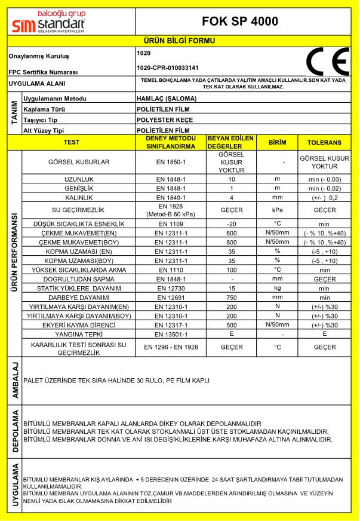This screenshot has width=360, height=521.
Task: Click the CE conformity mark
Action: (x=327, y=62)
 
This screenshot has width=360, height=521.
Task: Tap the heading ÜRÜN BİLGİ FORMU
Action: (x=179, y=41)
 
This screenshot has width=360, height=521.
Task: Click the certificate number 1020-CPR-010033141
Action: (x=167, y=68)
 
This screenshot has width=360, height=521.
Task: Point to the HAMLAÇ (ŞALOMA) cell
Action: (x=165, y=99)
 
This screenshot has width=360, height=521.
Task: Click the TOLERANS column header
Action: (x=324, y=143)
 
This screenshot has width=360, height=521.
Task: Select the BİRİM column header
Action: (x=278, y=143)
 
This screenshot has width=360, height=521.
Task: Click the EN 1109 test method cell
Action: (x=171, y=223)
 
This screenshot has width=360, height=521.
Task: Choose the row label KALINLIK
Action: (x=79, y=197)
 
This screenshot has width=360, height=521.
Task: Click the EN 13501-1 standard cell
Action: (x=171, y=335)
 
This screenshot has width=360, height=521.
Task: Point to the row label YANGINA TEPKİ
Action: (x=79, y=335)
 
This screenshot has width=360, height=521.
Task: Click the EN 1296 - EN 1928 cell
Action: (x=171, y=347)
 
